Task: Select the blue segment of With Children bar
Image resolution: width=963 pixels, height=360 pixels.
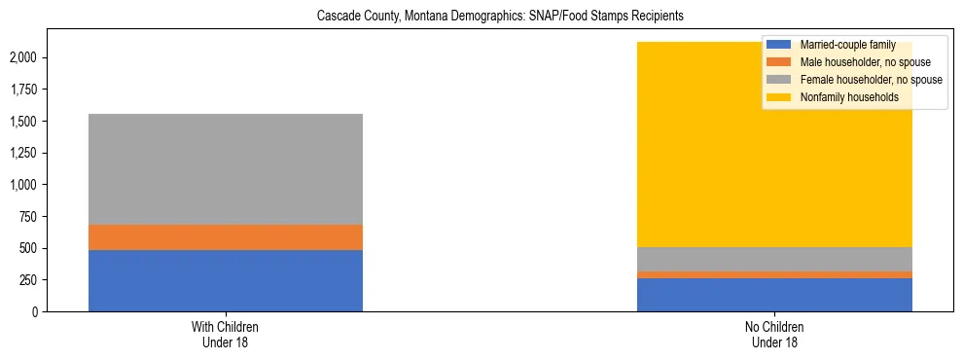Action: coord(226,280)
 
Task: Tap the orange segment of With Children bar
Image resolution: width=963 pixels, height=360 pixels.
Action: coord(226,237)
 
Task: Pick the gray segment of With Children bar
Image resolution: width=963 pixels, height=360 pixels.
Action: coord(226,169)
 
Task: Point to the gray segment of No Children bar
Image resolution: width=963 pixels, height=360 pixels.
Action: coord(774,259)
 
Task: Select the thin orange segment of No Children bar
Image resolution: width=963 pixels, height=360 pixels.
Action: coord(774,274)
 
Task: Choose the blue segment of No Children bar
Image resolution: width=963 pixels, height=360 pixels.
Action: coord(774,295)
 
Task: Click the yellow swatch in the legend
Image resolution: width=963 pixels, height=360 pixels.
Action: coord(779,97)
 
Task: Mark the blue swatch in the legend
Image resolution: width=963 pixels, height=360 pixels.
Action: coord(779,45)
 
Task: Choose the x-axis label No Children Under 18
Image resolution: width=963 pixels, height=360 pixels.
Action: coord(774,335)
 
